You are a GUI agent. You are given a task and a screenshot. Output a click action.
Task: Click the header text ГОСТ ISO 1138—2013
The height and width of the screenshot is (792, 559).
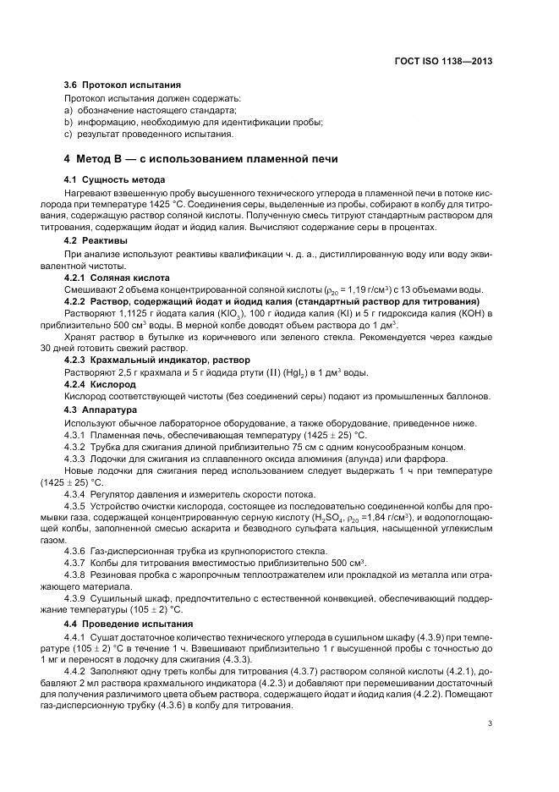[449, 62]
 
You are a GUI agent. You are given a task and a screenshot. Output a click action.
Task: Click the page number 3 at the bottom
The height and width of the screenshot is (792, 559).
[490, 723]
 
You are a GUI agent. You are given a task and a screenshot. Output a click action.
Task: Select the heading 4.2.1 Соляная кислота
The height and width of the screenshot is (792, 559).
[118, 278]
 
